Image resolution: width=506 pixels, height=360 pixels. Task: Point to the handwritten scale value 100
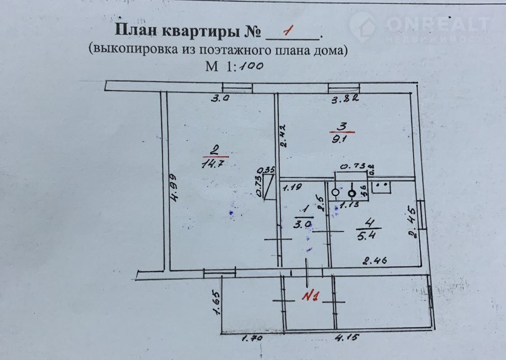250,66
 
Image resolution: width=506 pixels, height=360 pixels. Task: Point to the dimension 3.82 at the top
345,100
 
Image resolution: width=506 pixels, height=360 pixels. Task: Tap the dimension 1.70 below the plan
252,338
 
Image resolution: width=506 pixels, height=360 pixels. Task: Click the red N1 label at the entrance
310,296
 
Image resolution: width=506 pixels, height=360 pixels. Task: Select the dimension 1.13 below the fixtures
346,205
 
